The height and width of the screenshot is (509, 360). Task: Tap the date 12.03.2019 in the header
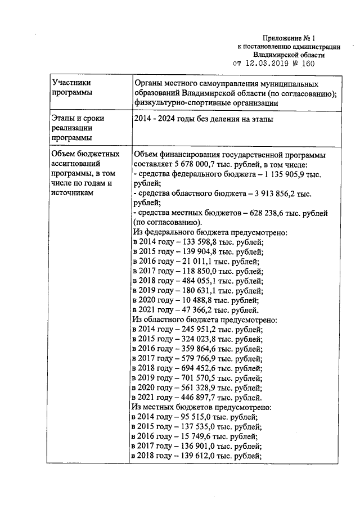click(x=268, y=64)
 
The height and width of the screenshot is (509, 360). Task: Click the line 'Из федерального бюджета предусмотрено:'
click(x=210, y=232)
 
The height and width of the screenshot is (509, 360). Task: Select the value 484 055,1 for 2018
click(x=197, y=280)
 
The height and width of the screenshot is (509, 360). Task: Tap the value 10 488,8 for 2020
click(x=195, y=300)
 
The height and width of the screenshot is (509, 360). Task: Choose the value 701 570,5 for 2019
click(x=197, y=377)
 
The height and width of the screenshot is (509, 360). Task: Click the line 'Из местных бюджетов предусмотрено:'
click(x=202, y=407)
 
